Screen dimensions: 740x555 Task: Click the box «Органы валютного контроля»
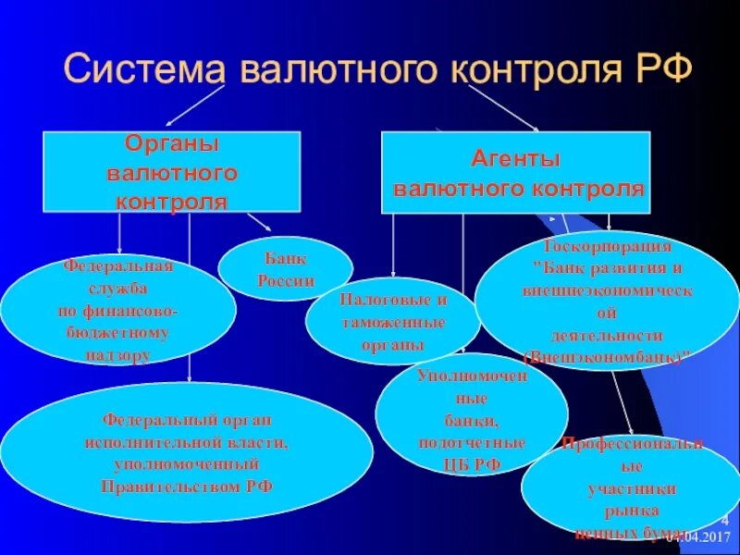coord(172,172)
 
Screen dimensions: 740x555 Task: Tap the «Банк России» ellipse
coord(285,268)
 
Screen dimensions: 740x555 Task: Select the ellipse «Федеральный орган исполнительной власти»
coord(187,450)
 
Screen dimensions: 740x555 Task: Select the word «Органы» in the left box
coord(172,144)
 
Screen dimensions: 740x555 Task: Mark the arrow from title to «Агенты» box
coord(504,108)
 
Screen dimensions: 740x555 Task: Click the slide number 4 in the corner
coord(724,520)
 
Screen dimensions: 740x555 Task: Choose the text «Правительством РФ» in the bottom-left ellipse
coord(187,485)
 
